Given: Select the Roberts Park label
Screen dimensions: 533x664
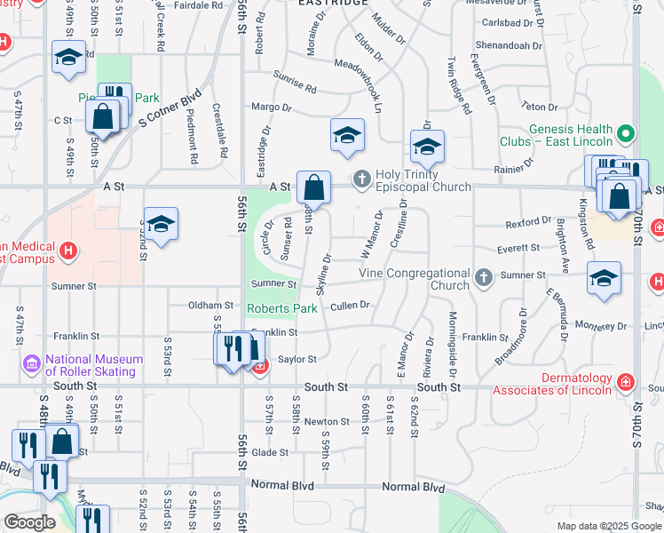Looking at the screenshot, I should (281, 308).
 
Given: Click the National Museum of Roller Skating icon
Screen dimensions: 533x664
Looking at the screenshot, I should (33, 364).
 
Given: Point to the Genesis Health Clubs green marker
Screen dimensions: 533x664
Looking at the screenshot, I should (627, 135).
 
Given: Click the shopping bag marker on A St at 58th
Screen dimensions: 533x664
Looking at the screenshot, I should (313, 188).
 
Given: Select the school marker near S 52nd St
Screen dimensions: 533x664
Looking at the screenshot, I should (161, 226).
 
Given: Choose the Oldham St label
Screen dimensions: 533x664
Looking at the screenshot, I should (209, 305).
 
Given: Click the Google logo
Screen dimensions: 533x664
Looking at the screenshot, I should (29, 522).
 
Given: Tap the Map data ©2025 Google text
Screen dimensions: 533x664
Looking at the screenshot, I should (609, 526).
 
